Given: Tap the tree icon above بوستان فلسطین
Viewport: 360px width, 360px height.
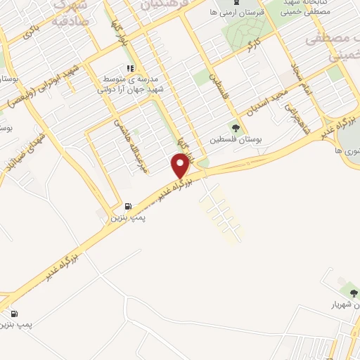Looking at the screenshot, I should coord(234,128).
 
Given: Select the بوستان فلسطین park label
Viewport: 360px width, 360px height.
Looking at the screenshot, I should coord(233,139).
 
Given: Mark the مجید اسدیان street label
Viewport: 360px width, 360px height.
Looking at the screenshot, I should coord(264,99).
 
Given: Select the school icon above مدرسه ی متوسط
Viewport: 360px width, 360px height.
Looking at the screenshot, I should coord(129,68).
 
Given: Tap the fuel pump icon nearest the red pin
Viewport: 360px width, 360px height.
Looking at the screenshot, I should coord(127,207).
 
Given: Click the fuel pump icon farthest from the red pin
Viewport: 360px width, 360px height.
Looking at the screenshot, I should coord(15,314).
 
